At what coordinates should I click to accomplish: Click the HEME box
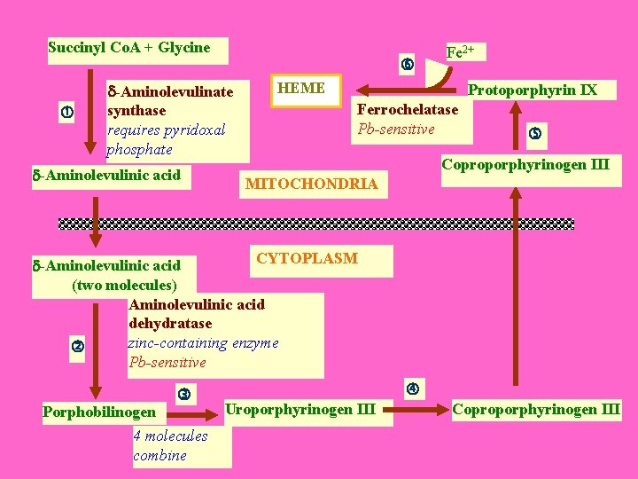301,89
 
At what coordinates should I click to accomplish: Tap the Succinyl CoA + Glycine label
129,48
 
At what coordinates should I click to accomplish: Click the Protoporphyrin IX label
533,90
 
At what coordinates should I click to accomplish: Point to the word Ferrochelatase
407,109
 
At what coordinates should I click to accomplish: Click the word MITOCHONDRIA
311,185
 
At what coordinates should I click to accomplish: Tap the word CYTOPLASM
307,258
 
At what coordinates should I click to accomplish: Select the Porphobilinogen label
99,412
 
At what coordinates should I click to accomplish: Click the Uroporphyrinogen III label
300,409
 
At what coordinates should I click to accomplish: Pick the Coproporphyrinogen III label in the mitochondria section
525,164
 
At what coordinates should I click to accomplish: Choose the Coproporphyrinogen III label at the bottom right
536,409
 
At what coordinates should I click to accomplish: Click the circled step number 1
66,111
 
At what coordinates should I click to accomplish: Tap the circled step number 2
77,346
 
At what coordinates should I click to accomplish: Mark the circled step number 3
183,393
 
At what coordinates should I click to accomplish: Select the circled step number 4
412,388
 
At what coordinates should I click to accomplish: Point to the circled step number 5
534,133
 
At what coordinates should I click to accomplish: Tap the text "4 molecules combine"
170,445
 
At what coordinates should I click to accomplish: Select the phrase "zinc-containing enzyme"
203,342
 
